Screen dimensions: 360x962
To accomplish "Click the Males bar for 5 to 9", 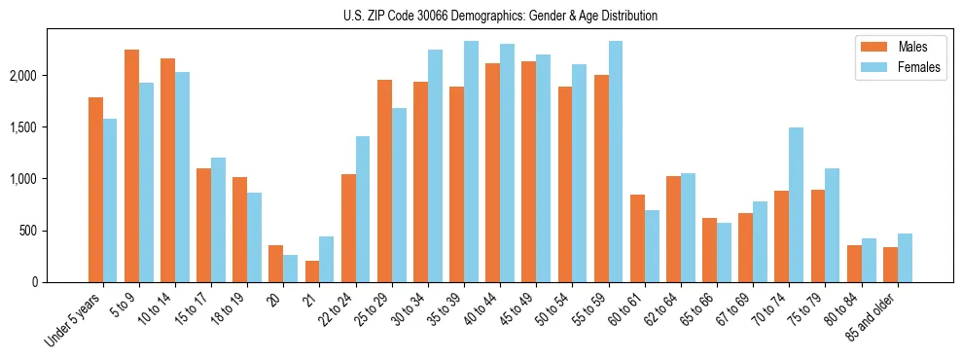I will coord(131,165).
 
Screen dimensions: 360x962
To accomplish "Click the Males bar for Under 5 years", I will coord(95,190).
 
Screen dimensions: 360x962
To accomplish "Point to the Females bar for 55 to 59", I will coord(615,162).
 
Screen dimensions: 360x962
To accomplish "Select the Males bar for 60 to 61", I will coord(637,238).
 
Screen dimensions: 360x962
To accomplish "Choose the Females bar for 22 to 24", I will coord(363,209).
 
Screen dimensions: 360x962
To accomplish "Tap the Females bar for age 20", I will coord(290,269).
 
